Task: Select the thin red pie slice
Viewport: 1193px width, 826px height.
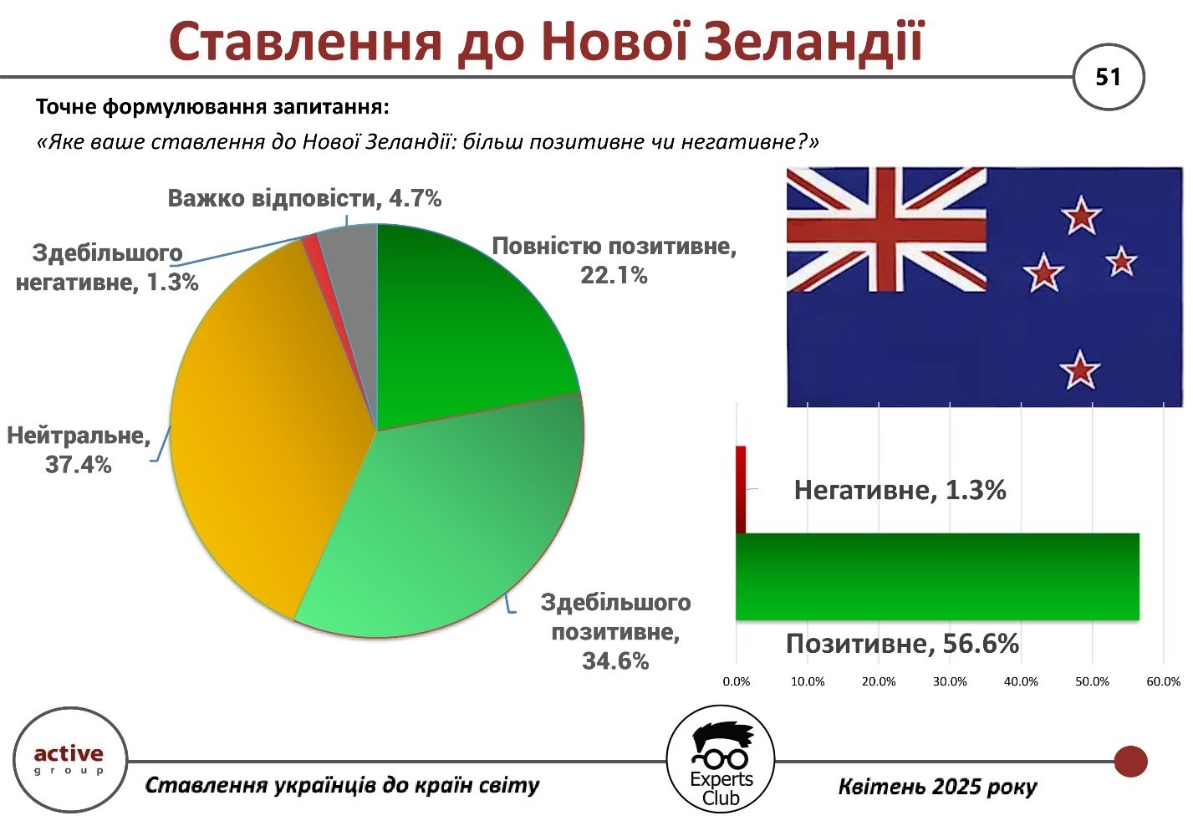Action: (314, 250)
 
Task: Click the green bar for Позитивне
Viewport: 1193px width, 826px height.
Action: (937, 576)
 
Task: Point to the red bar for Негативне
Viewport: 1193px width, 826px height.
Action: (741, 489)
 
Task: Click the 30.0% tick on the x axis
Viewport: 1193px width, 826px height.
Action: (950, 681)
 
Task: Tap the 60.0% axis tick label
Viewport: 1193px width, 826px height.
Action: (1163, 681)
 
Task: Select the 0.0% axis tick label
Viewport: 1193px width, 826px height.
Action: (736, 681)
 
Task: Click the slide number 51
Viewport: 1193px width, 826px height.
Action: (1108, 77)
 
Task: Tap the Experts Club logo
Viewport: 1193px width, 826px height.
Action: (720, 759)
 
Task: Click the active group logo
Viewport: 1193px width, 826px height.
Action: (69, 759)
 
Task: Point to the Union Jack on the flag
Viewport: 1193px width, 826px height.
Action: (887, 230)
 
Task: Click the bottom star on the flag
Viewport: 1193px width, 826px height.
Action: (1079, 370)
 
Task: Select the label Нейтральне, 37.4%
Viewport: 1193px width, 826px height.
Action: (79, 450)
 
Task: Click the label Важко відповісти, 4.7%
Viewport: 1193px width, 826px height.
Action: (304, 198)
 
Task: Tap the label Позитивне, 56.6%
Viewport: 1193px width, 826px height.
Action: (902, 644)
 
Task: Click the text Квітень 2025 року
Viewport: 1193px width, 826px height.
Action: (937, 787)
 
